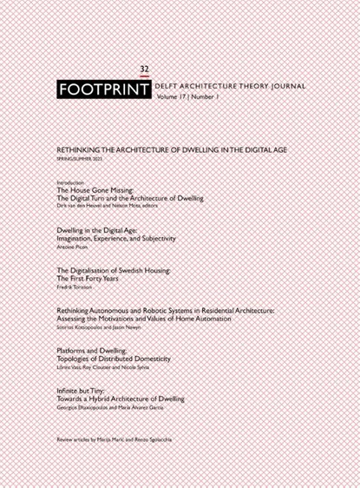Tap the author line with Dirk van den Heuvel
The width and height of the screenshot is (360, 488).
[x=116, y=207]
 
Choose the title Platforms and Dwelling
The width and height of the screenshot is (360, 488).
[x=95, y=349]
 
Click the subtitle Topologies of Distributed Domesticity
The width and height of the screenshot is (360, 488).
[x=113, y=358]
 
